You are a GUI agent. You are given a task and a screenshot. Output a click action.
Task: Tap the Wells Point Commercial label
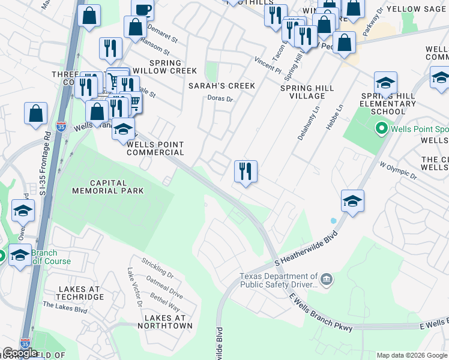(x=155, y=148)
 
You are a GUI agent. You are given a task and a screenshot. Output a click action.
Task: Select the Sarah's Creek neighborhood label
(x=221, y=86)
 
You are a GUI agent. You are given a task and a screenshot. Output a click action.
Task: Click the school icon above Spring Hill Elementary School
(x=385, y=83)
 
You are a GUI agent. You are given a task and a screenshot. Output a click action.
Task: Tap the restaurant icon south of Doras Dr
(x=246, y=172)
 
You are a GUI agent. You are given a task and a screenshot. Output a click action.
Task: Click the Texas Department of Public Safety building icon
(x=327, y=278)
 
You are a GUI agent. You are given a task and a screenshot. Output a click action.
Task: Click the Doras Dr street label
(x=219, y=98)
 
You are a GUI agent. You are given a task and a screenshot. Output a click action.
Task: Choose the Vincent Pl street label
(x=267, y=65)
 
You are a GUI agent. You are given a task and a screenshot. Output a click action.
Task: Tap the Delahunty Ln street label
(x=306, y=124)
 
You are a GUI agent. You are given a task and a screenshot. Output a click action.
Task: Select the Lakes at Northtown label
(x=165, y=321)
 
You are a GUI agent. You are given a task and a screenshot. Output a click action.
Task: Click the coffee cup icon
(x=143, y=10)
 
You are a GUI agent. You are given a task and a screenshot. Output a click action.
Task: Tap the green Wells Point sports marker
(x=381, y=128)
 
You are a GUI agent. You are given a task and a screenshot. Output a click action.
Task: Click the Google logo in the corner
(x=20, y=353)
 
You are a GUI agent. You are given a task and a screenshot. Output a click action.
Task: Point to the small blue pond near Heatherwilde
(x=333, y=221)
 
